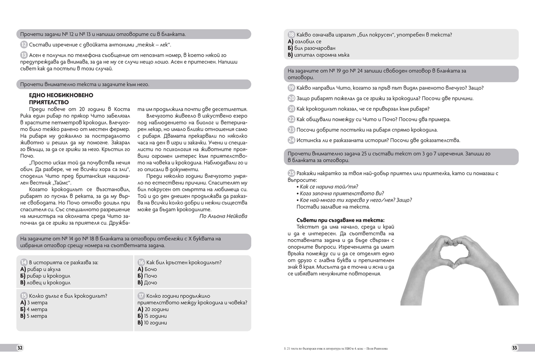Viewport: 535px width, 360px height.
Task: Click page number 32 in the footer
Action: tap(20, 348)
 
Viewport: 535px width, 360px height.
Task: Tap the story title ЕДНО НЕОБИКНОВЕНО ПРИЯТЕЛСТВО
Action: tap(61, 99)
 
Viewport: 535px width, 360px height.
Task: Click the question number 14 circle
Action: tap(24, 262)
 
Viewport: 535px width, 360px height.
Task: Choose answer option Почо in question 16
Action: tap(151, 276)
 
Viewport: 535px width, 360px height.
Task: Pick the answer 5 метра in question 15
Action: tap(37, 316)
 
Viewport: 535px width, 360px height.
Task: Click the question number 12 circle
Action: tap(24, 46)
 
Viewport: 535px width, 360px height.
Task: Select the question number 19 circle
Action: tap(292, 88)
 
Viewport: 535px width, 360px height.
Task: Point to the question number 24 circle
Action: tap(292, 140)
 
